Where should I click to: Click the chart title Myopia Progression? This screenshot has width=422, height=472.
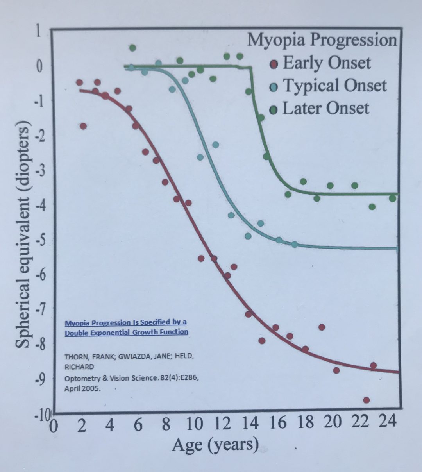[x=322, y=40]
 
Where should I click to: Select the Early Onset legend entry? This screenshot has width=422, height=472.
[x=326, y=63]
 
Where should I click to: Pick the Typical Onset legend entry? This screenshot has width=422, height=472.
[x=334, y=86]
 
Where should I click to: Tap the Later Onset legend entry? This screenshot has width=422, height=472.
[x=325, y=109]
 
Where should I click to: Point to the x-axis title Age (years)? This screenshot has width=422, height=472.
[x=215, y=445]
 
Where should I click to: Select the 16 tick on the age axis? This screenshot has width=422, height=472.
[x=278, y=423]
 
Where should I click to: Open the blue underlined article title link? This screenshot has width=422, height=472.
[x=126, y=327]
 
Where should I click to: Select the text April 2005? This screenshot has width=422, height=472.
[x=82, y=388]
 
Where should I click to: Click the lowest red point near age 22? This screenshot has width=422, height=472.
[x=366, y=400]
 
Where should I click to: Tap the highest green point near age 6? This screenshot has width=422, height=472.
[x=132, y=48]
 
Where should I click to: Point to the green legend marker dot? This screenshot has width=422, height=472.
[x=274, y=110]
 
